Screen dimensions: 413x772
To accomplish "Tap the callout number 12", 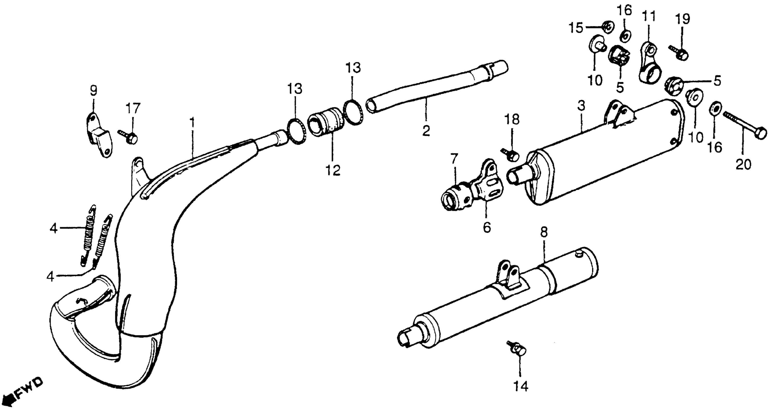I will (x=333, y=170).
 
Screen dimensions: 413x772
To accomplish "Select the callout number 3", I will (x=581, y=106).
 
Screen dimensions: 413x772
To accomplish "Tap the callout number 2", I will (x=426, y=130).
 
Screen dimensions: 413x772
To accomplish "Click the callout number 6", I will (x=487, y=227).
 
